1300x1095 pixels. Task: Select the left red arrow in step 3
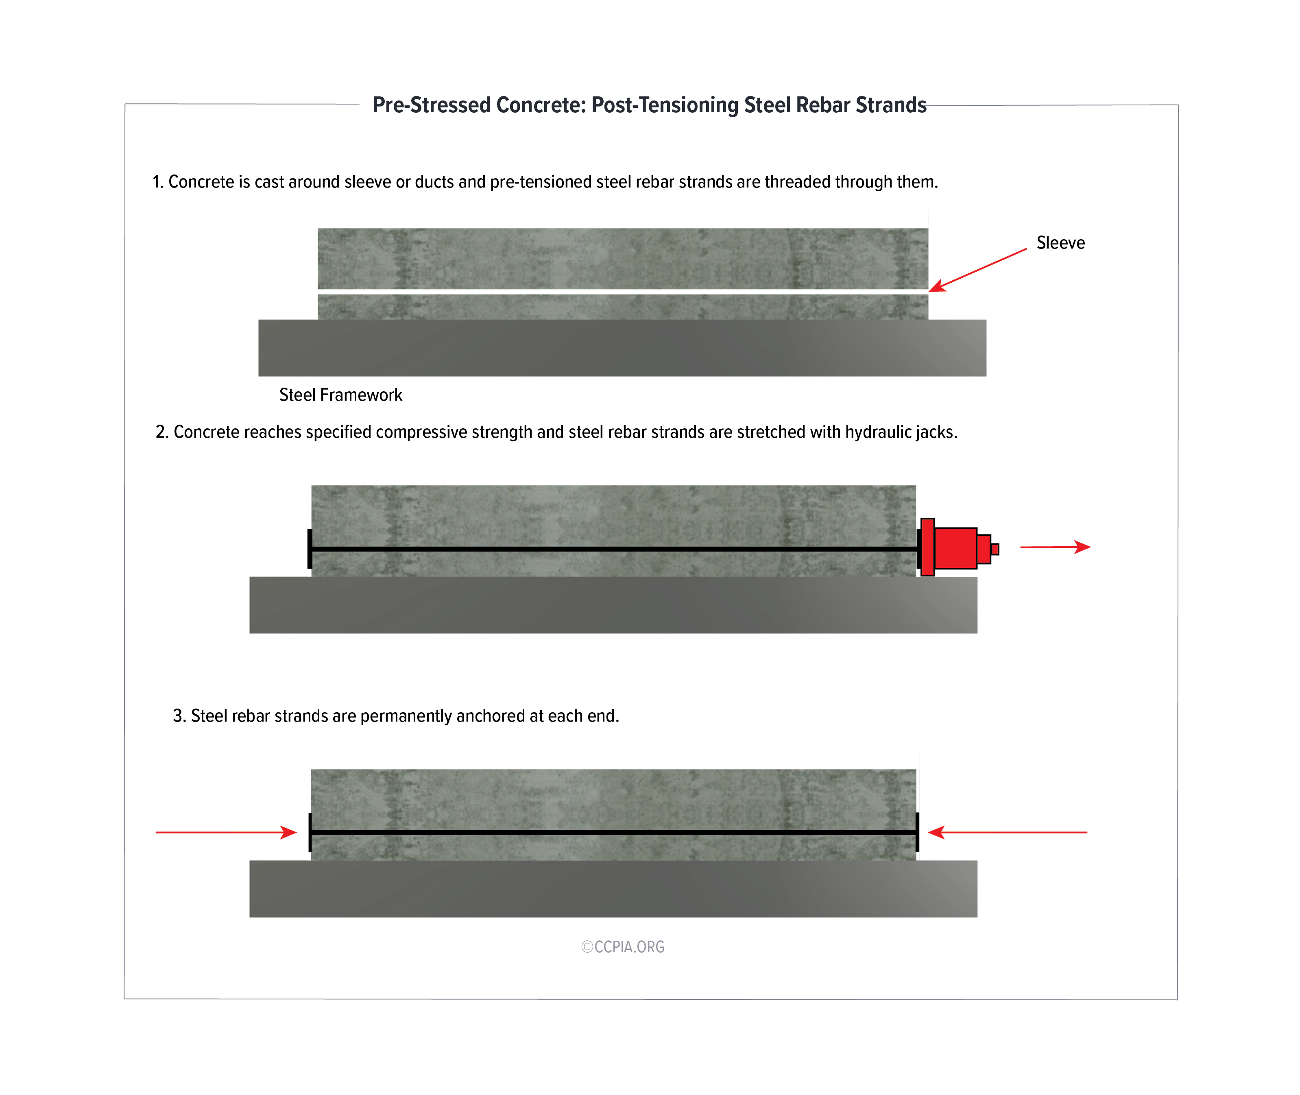click(x=226, y=832)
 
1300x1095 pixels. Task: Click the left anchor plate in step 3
click(x=310, y=832)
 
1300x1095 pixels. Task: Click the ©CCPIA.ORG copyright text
click(x=623, y=947)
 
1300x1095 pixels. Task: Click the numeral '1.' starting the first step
click(x=158, y=182)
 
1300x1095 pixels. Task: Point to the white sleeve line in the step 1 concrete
click(x=621, y=292)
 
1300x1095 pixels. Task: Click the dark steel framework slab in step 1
click(x=621, y=348)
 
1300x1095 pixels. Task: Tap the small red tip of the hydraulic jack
click(x=995, y=549)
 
